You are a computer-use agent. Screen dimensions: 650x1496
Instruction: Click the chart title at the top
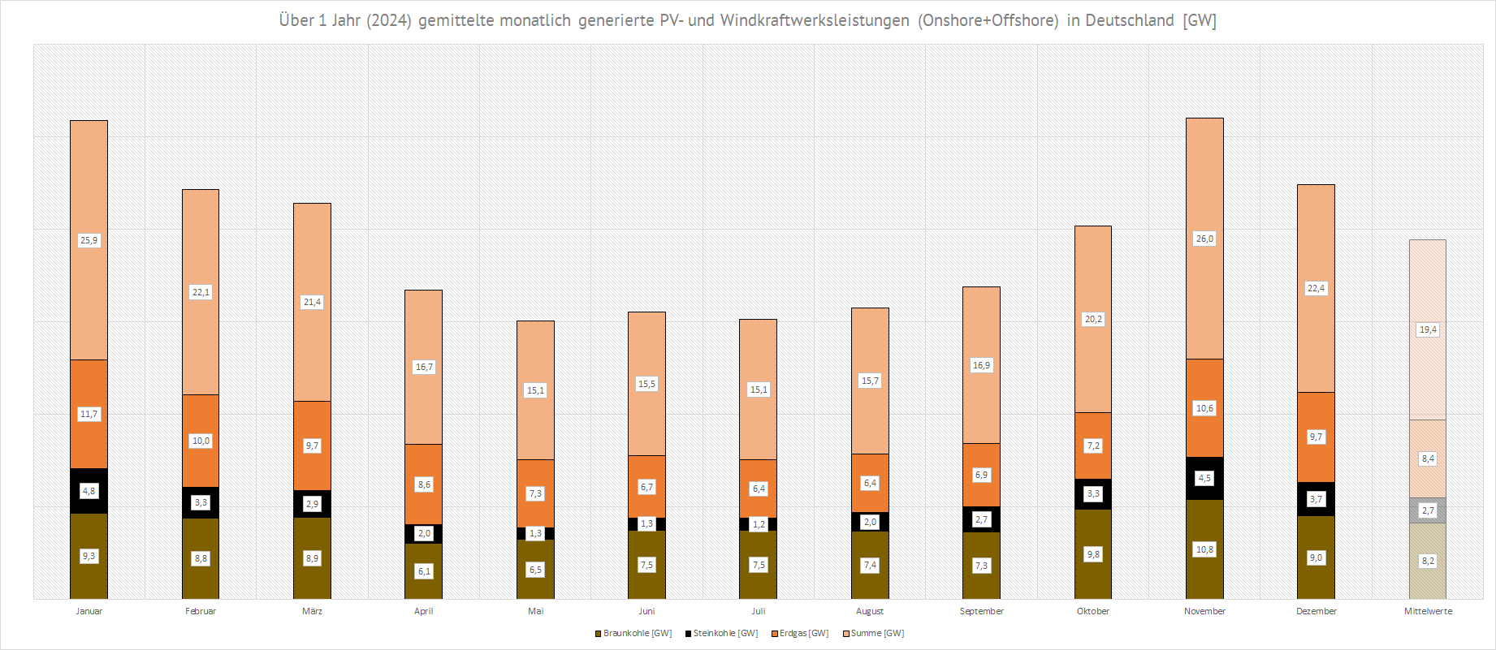tap(747, 20)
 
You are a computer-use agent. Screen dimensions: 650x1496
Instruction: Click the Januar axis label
tap(89, 611)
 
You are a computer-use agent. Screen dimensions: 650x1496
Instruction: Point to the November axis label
tap(1204, 611)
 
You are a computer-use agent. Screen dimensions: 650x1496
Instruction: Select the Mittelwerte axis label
tap(1428, 611)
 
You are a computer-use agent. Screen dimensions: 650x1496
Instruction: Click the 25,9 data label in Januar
tap(89, 240)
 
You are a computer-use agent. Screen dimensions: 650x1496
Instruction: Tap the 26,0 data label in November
tap(1204, 239)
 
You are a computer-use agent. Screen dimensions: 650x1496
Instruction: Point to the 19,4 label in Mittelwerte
tap(1428, 329)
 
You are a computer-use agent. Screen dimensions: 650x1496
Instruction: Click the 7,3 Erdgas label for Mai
tap(535, 493)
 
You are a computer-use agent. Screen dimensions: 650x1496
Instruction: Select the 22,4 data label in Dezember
tap(1316, 288)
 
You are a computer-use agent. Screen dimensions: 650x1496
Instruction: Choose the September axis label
tap(981, 611)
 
